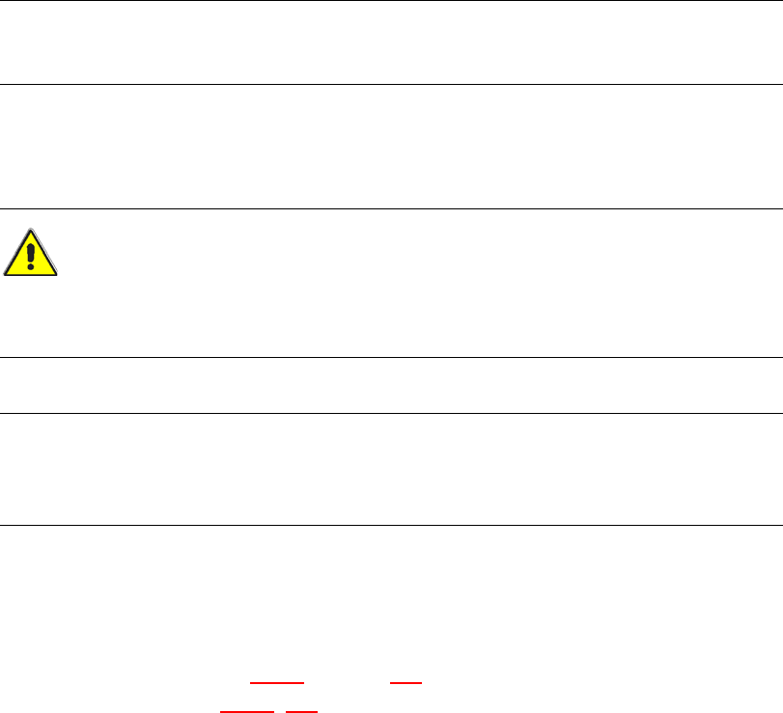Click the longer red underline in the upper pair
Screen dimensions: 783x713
tap(277, 682)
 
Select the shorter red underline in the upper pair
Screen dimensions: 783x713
tap(405, 682)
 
